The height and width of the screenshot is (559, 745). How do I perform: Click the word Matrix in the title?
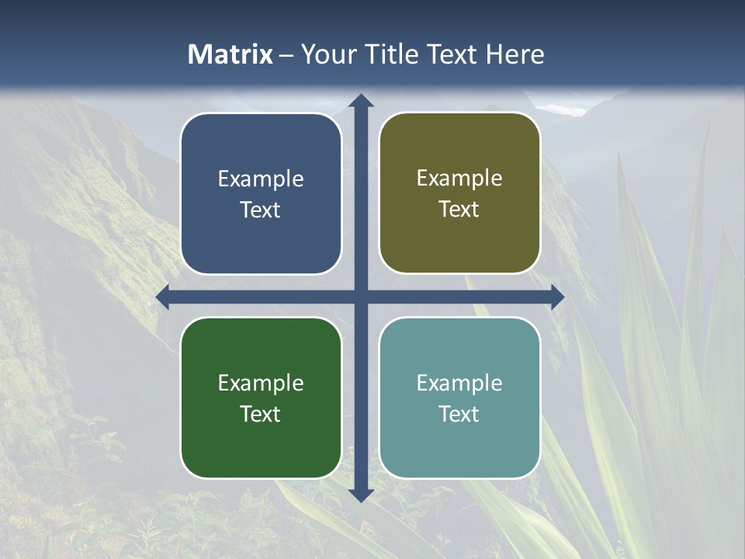[x=230, y=54]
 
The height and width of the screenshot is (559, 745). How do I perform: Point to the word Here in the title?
[x=515, y=54]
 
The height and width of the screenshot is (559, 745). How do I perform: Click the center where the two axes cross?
[x=361, y=297]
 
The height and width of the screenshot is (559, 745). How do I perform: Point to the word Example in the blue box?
[x=261, y=179]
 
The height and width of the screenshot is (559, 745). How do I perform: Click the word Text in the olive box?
[x=459, y=210]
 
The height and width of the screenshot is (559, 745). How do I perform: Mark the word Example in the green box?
[x=261, y=383]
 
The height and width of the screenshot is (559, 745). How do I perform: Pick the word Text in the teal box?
[x=459, y=414]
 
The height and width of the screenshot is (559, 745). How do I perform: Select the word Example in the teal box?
[x=459, y=383]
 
